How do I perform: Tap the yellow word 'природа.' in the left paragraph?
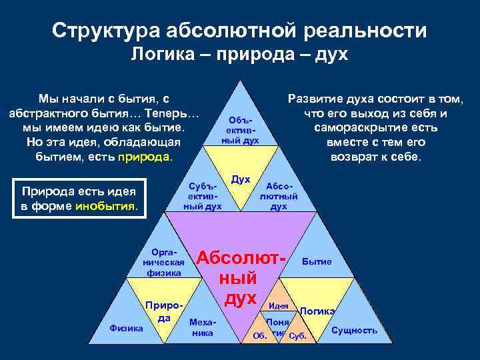point(145,157)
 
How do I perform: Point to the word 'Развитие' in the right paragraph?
point(315,99)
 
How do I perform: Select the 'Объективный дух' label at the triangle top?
point(240,127)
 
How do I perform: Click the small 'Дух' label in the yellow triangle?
point(240,179)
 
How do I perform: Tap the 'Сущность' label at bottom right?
point(354,331)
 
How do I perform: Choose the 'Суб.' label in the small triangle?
point(297,335)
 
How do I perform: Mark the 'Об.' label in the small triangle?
point(260,335)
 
